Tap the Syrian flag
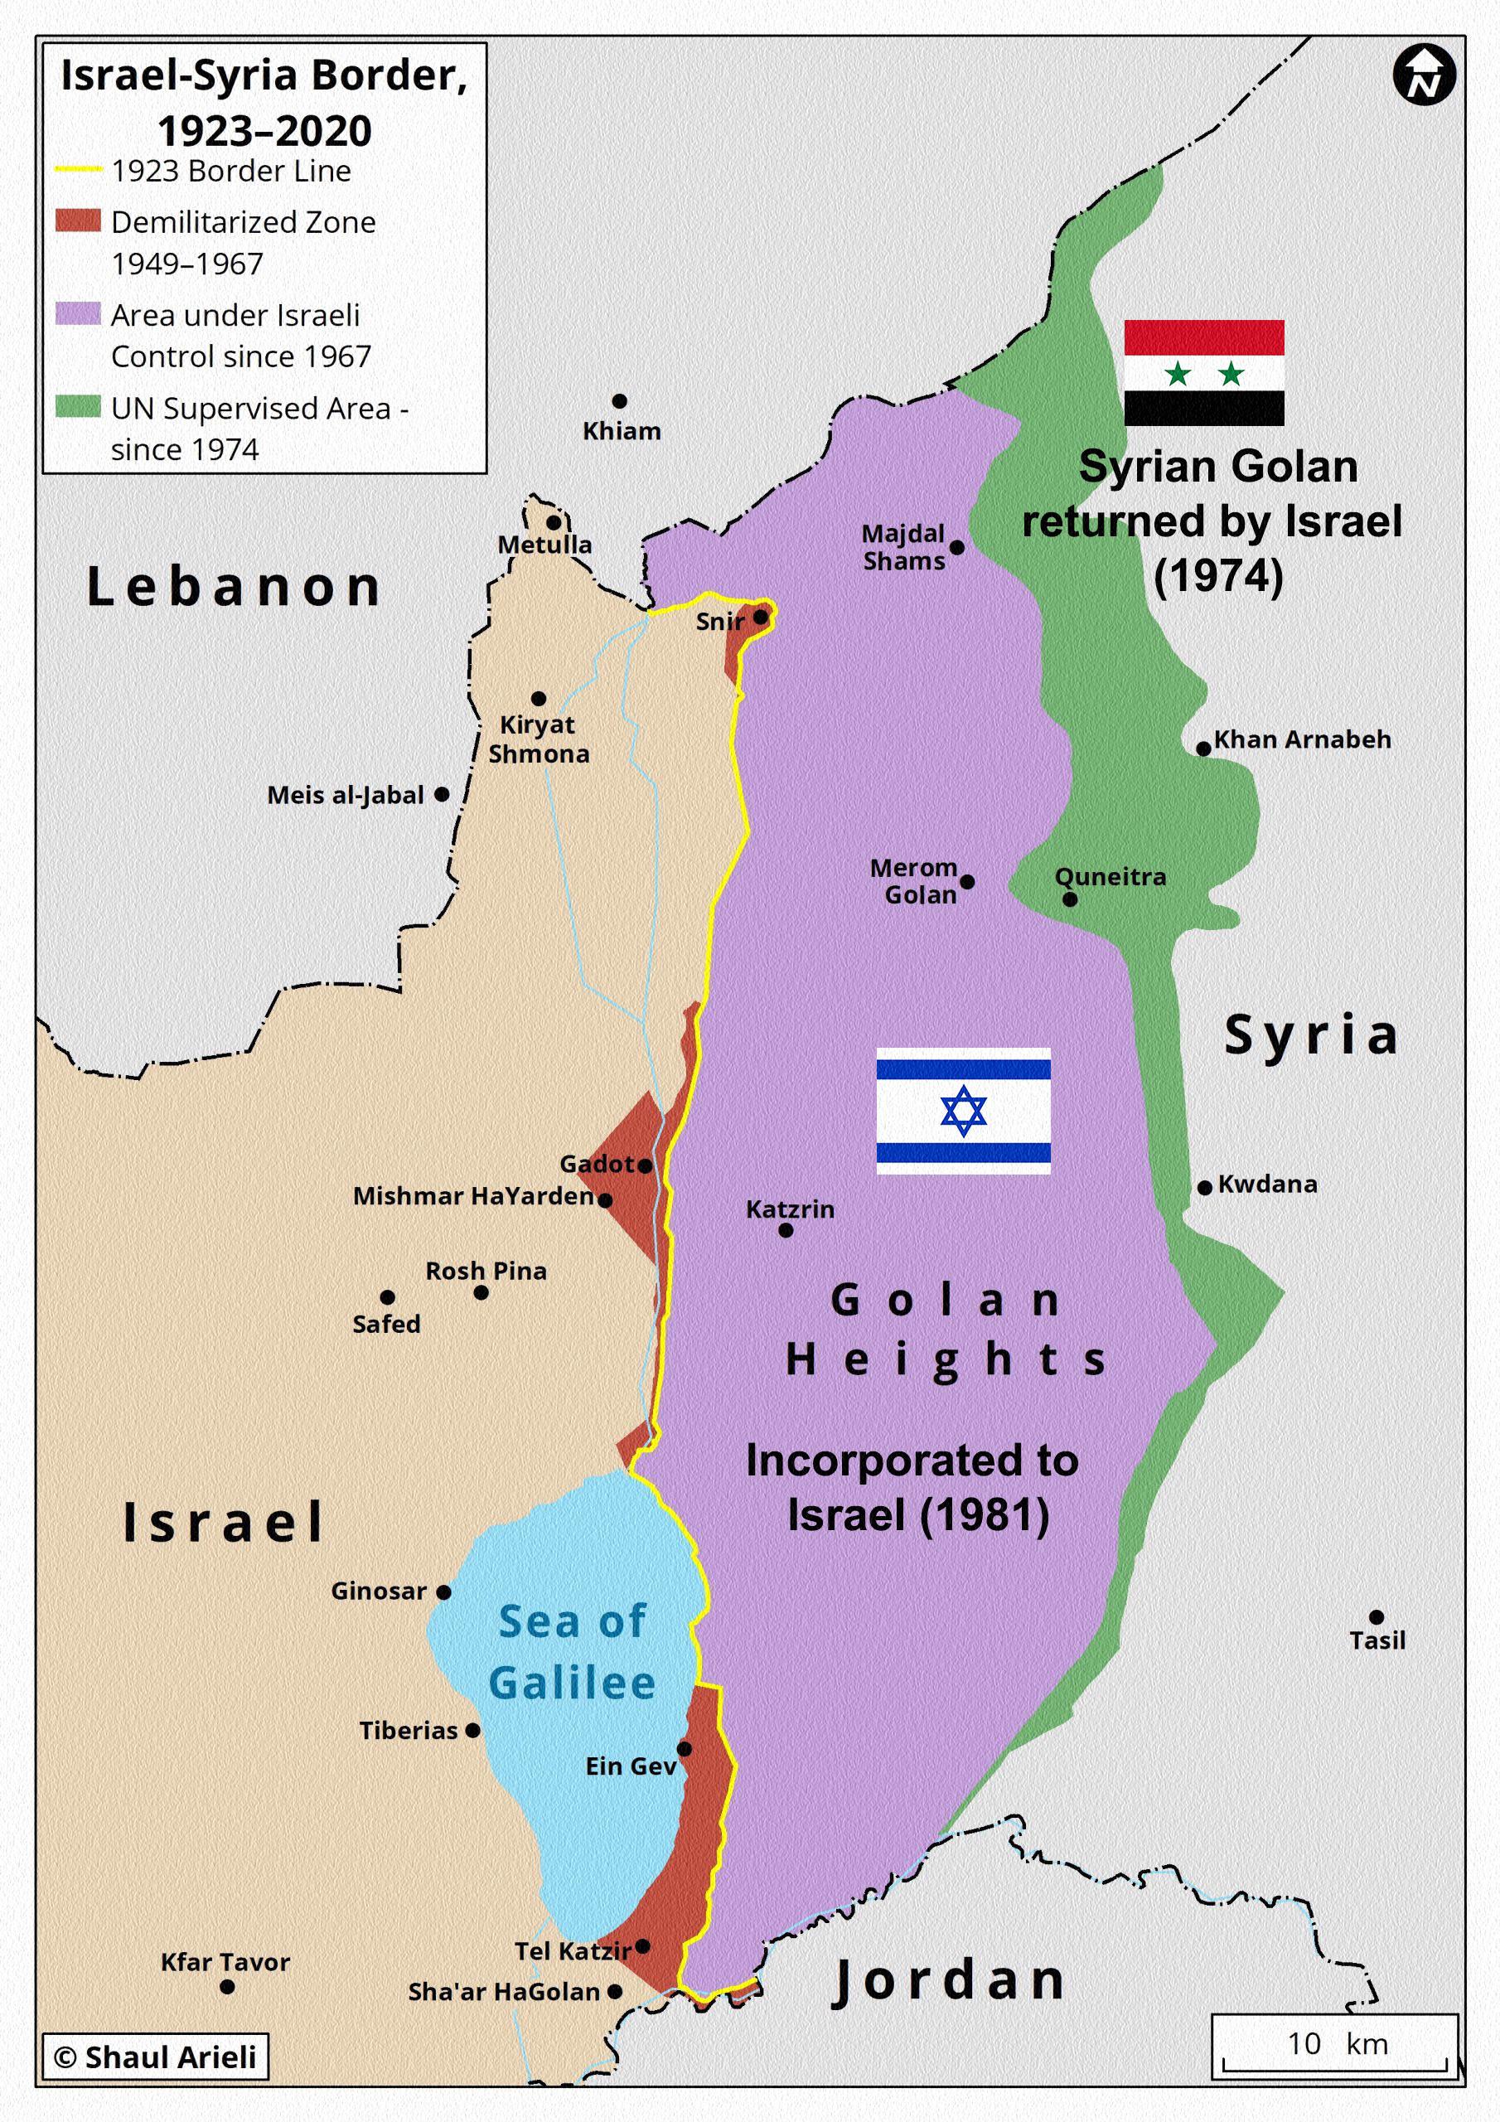click(1203, 372)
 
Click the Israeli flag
click(962, 1111)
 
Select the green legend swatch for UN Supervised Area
click(78, 408)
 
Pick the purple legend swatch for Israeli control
click(78, 314)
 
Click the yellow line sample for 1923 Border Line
click(78, 170)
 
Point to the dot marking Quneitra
click(1069, 899)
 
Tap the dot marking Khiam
click(619, 401)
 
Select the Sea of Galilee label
click(571, 1651)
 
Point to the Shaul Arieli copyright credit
click(155, 2057)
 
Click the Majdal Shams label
click(903, 547)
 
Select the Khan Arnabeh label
click(1301, 739)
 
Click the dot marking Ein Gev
click(684, 1749)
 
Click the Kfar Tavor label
click(225, 1961)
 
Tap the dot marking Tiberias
click(472, 1730)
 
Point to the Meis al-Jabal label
click(345, 795)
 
